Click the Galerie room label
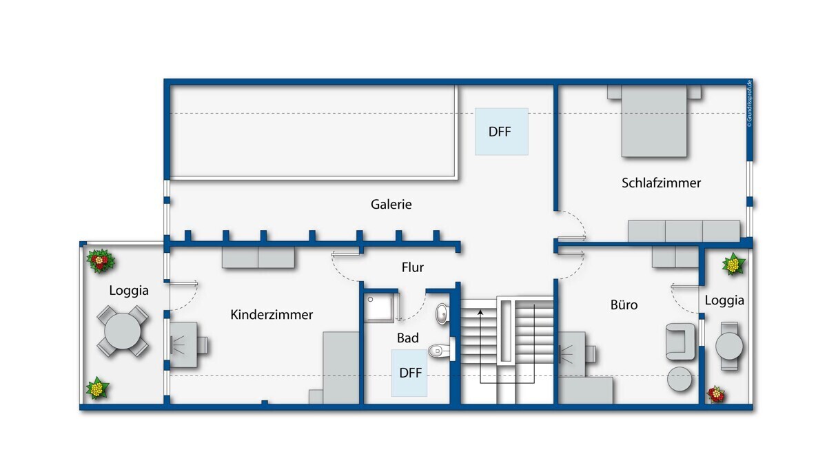pos(391,204)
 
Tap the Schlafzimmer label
pos(661,183)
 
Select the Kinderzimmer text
pos(272,315)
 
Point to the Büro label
pos(624,305)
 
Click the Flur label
pos(413,267)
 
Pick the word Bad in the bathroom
pos(408,338)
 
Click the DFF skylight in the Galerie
pos(502,132)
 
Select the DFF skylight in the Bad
pos(409,373)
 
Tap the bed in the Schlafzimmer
pos(654,121)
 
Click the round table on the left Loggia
pos(123,331)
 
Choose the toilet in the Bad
pos(441,349)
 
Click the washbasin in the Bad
pos(442,313)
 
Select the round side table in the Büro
pos(680,379)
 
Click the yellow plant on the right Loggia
pos(733,264)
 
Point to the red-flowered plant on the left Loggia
pos(101,260)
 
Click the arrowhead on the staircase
pos(480,313)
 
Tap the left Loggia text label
pos(129,290)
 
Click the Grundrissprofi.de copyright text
pos(749,103)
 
